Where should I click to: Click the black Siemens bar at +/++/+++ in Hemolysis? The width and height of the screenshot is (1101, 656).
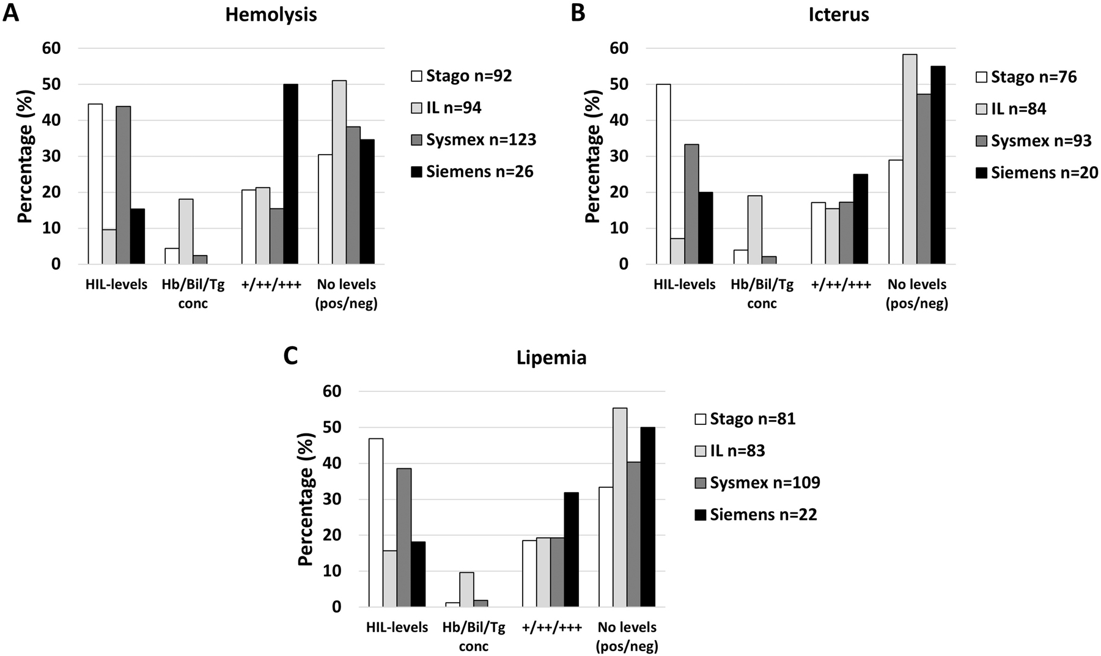(290, 174)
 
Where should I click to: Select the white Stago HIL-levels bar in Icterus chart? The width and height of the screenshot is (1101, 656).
(663, 174)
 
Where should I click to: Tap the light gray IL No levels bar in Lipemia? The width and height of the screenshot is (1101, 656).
(619, 507)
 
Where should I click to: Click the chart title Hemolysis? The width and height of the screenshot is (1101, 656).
(271, 15)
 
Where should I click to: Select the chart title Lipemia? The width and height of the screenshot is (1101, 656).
(552, 358)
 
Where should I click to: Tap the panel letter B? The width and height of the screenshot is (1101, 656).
(578, 12)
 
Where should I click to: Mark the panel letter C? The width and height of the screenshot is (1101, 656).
(290, 356)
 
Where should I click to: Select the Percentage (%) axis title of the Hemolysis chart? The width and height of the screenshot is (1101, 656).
(24, 156)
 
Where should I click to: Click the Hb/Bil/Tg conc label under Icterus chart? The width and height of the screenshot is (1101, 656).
(762, 293)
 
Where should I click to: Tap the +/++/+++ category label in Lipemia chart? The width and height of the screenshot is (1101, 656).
(551, 628)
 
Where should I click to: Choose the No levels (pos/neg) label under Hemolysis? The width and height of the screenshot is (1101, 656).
(346, 293)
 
